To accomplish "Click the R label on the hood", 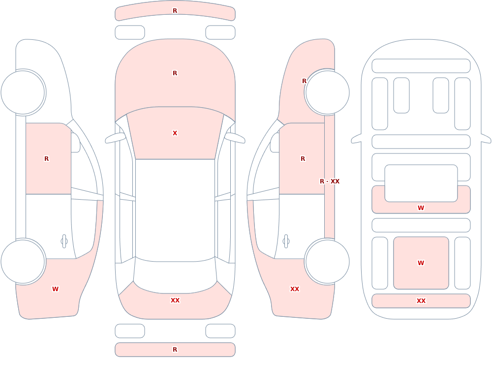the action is point(175,73).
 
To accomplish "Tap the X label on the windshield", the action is point(175,133).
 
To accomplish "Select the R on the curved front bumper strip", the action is point(175,11).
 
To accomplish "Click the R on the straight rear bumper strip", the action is point(175,350).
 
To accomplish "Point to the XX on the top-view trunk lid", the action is point(175,300).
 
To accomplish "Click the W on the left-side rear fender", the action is point(55,289).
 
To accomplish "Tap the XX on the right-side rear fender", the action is point(295,289).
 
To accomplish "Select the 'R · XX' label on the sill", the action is point(330,181).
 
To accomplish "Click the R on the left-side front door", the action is point(46,159).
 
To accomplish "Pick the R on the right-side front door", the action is point(303,159).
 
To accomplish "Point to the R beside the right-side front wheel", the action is point(304,81).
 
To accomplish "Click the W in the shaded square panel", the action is point(421,263).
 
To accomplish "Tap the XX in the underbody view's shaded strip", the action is point(421,301).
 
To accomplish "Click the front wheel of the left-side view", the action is point(23,92).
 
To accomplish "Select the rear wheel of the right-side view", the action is point(327,262).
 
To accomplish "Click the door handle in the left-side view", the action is point(64,241).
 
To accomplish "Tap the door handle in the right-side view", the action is point(286,241).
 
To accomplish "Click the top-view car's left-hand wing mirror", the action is point(115,138).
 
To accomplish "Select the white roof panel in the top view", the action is point(175,210).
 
